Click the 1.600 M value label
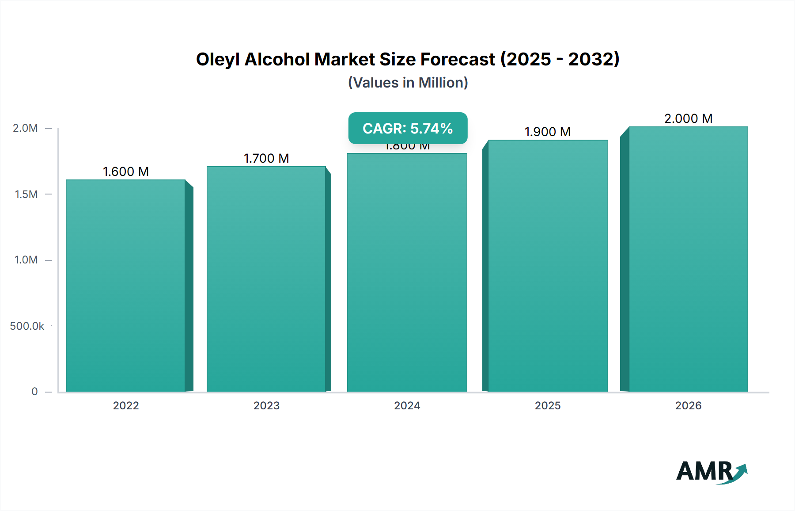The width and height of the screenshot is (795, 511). (x=126, y=172)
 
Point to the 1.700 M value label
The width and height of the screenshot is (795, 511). (x=266, y=158)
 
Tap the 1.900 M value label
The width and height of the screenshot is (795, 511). (x=548, y=132)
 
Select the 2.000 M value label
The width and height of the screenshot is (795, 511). (x=688, y=118)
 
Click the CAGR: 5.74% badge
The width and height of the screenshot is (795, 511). (x=408, y=128)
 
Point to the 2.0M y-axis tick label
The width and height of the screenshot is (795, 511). (x=25, y=128)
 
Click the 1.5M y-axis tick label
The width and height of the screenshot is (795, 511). (x=26, y=194)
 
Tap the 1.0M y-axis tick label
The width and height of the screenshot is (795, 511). (x=26, y=260)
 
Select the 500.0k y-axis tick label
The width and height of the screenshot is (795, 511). (x=27, y=326)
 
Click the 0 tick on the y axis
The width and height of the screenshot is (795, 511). (x=34, y=391)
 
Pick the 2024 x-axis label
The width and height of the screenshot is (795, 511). (x=407, y=405)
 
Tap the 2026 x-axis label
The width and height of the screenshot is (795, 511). (x=688, y=405)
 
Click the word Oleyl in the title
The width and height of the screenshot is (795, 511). (x=218, y=60)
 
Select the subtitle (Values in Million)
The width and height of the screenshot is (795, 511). (x=408, y=83)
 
